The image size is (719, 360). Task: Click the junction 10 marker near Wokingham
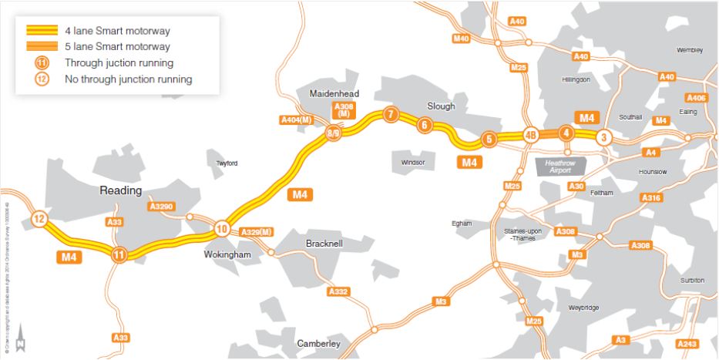pyautogui.click(x=222, y=228)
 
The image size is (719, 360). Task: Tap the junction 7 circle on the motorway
pyautogui.click(x=391, y=115)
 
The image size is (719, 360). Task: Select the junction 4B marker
pyautogui.click(x=530, y=134)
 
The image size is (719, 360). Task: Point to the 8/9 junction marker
pyautogui.click(x=334, y=133)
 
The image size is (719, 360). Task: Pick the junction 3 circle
pyautogui.click(x=604, y=137)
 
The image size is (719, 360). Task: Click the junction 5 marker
pyautogui.click(x=488, y=140)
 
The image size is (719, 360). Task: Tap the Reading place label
pyautogui.click(x=122, y=190)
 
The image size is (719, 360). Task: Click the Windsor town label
pyautogui.click(x=413, y=163)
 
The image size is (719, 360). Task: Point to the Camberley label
pyautogui.click(x=318, y=344)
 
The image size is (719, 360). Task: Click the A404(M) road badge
pyautogui.click(x=295, y=119)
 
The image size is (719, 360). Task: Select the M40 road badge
pyautogui.click(x=462, y=38)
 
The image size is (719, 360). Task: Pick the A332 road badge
pyautogui.click(x=338, y=291)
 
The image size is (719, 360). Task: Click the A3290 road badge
pyautogui.click(x=162, y=207)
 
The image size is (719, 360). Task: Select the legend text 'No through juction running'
pyautogui.click(x=129, y=79)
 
